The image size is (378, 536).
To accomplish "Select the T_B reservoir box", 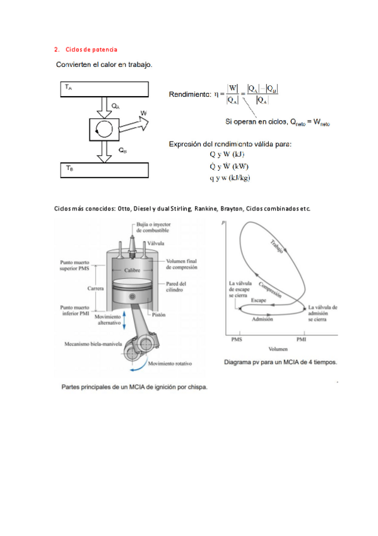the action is point(104,170).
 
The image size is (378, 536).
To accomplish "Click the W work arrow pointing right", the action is point(134,125).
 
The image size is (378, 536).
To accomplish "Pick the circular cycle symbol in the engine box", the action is point(104,130).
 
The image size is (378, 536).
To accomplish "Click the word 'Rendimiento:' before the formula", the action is point(190,94).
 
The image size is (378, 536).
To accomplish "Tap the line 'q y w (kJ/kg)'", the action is point(230,178).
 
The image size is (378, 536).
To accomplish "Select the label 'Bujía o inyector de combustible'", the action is point(153,228).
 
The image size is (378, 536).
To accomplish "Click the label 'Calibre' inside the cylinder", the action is point(133,271).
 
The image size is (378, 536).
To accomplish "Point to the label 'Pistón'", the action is point(158,315).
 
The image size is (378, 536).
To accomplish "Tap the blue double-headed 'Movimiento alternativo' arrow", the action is point(124,320).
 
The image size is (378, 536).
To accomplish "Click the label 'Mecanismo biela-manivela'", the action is point(93,344).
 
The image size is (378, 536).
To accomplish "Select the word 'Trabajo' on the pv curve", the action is point(276,247).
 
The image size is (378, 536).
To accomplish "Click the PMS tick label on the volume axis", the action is point(237,339).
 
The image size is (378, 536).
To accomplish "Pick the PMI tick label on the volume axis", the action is point(301,339).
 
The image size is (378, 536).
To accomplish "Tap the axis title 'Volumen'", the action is point(278,349).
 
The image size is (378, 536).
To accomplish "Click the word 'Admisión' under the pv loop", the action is point(263,319).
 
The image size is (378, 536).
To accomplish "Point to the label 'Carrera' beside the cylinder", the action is point(95,288).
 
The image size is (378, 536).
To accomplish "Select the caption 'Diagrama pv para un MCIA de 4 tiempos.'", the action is point(280,362).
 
